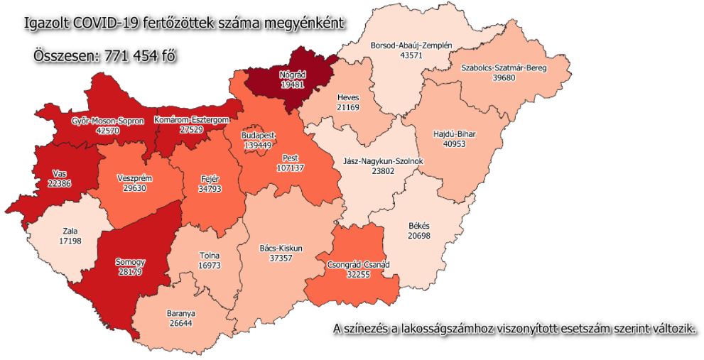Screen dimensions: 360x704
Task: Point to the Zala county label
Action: (x=70, y=231)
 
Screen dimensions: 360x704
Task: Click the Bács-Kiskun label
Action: (x=281, y=249)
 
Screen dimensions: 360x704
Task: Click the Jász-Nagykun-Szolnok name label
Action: (x=384, y=161)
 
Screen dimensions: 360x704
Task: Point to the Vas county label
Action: (x=60, y=173)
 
